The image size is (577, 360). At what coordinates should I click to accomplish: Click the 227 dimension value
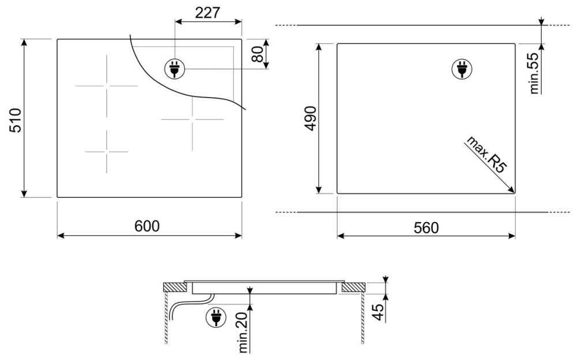point(208,13)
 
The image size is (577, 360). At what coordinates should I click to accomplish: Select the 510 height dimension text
point(16,121)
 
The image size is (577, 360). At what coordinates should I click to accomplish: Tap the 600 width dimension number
point(147,226)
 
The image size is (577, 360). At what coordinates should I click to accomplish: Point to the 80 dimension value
point(258,54)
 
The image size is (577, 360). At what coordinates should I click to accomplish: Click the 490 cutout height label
point(311,118)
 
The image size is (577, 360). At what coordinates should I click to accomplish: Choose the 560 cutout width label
point(426,228)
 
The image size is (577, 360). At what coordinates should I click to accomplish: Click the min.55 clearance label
point(533,73)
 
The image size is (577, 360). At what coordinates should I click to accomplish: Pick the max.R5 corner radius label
point(486,155)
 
